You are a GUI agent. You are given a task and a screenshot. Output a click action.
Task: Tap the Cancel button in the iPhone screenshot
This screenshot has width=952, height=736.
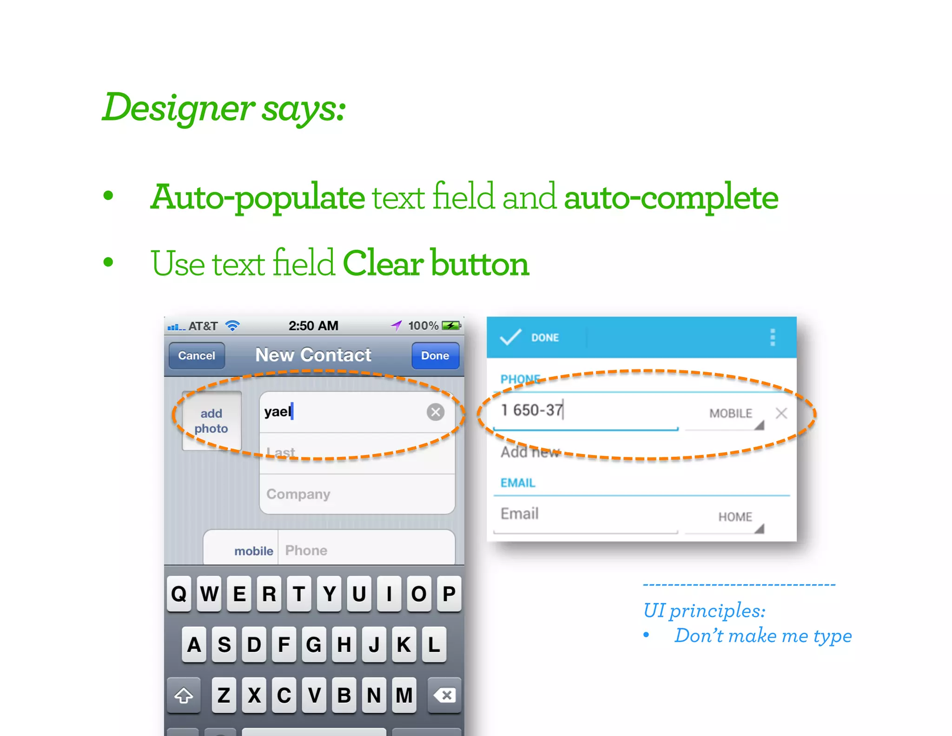click(x=197, y=355)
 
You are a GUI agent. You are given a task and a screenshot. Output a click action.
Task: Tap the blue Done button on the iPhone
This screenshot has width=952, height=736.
click(x=435, y=355)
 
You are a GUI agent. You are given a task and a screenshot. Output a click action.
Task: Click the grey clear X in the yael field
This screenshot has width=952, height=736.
click(x=436, y=412)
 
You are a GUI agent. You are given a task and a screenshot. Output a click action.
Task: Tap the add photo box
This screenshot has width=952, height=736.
click(x=212, y=421)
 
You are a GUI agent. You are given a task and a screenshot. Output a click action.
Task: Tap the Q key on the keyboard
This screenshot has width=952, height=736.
click(x=179, y=594)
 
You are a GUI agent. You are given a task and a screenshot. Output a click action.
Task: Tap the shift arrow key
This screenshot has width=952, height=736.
click(x=184, y=696)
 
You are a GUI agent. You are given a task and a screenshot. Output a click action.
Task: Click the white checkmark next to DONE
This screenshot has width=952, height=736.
click(x=510, y=337)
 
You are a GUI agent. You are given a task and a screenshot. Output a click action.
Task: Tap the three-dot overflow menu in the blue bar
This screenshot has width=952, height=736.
click(x=773, y=337)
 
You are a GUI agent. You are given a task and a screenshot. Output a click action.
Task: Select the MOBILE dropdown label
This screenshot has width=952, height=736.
click(x=730, y=413)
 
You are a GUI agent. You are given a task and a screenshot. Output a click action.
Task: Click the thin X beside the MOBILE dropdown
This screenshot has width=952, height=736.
click(x=781, y=413)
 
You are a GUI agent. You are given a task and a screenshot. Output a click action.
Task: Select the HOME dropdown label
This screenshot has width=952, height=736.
click(x=735, y=517)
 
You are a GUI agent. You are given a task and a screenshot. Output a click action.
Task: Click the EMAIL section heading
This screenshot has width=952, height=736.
click(x=518, y=483)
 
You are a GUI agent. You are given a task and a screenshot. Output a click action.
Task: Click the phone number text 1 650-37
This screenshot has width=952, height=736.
click(x=532, y=410)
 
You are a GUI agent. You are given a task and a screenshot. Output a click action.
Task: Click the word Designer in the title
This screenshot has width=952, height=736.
click(x=178, y=108)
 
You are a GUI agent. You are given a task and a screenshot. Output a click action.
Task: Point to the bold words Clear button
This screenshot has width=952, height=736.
click(x=436, y=263)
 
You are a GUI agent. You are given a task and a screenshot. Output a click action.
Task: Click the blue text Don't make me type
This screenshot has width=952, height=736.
click(x=763, y=636)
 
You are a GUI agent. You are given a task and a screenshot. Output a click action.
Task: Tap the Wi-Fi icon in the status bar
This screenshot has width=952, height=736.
click(x=232, y=326)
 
